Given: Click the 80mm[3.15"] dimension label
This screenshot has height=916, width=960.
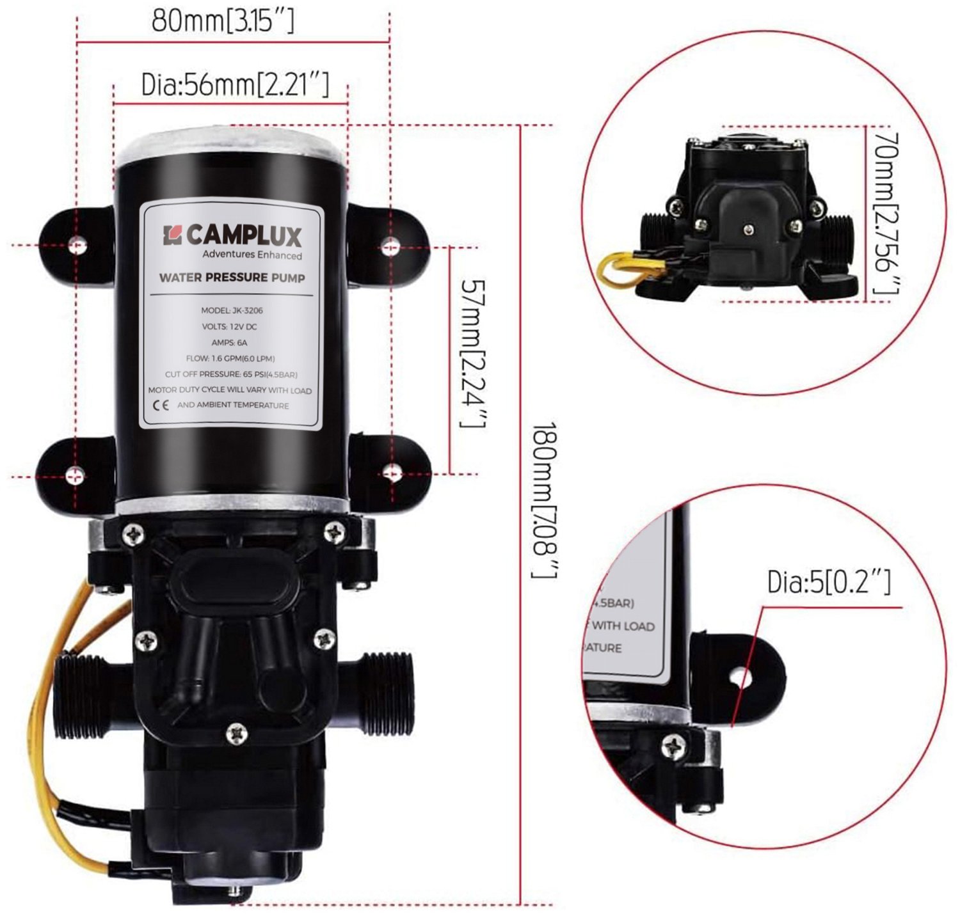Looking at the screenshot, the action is [x=223, y=20].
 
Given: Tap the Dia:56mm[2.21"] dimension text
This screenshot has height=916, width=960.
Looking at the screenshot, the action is [x=235, y=84].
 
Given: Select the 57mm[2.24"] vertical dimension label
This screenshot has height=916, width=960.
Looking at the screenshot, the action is [x=474, y=354].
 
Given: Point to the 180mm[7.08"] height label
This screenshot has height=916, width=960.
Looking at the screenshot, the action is [x=546, y=500].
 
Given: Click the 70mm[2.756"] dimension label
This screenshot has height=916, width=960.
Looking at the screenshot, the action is [x=887, y=212].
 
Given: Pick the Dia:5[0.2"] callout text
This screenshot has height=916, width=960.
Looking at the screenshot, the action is [x=829, y=582].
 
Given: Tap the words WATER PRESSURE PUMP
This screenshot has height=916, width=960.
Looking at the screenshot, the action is [x=232, y=278].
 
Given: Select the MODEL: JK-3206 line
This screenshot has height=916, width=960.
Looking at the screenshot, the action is [x=232, y=310].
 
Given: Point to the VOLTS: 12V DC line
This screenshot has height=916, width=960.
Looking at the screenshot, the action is [x=230, y=326].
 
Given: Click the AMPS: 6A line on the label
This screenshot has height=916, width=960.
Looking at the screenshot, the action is [x=230, y=342].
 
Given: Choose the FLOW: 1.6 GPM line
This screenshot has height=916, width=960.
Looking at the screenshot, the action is [x=230, y=358].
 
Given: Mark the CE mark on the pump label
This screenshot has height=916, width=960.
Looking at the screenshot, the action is [x=161, y=406].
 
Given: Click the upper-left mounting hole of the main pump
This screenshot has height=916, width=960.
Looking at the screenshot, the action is [x=77, y=244].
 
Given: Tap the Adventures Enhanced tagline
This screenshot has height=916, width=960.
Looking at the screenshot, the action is [x=252, y=255].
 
